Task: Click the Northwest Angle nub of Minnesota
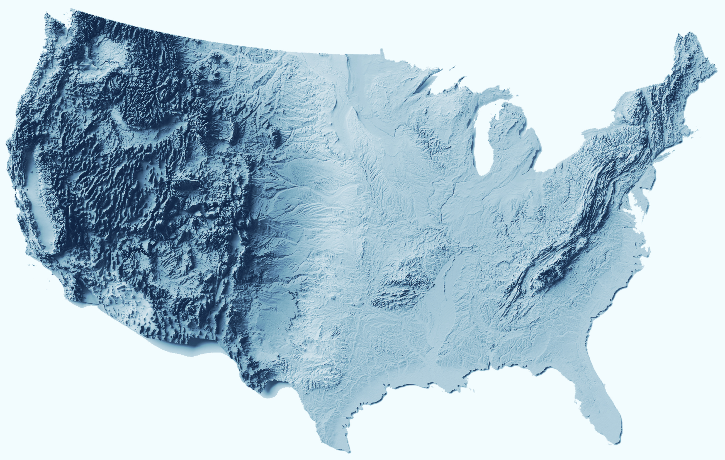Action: tap(381, 52)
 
